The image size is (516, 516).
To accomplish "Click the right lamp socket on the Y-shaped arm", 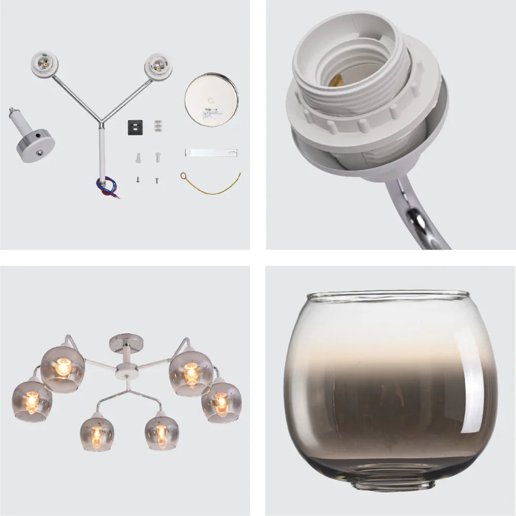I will [x=158, y=66].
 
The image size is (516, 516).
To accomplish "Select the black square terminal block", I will [x=135, y=127].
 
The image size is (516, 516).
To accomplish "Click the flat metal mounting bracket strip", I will [x=211, y=153].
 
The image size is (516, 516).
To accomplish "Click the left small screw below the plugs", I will [x=138, y=180].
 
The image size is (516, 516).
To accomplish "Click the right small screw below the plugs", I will [x=156, y=181].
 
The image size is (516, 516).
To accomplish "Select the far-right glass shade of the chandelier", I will [x=221, y=401].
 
